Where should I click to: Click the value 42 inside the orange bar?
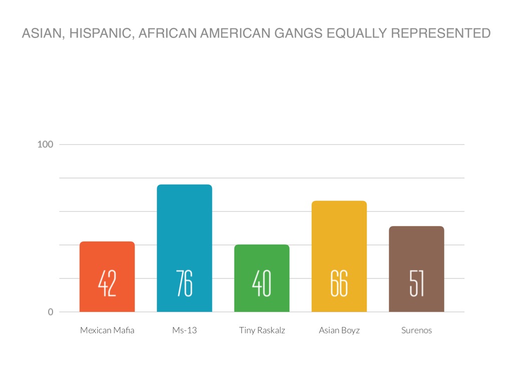coord(107,283)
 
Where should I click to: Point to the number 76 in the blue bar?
coord(184,283)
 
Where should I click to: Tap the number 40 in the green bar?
coord(262,283)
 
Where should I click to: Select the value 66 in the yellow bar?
coord(339,283)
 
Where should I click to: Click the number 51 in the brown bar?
coord(416,283)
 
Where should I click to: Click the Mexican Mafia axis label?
coord(107,330)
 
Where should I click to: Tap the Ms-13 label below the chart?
coord(184,330)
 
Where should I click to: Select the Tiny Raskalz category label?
coord(262,330)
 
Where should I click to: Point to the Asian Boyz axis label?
coord(339,330)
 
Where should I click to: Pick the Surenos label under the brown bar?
coord(416,330)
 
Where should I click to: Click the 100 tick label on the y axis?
coord(46,144)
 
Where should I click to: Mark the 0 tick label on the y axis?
coord(51,312)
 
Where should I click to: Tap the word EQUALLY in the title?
coord(356,34)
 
